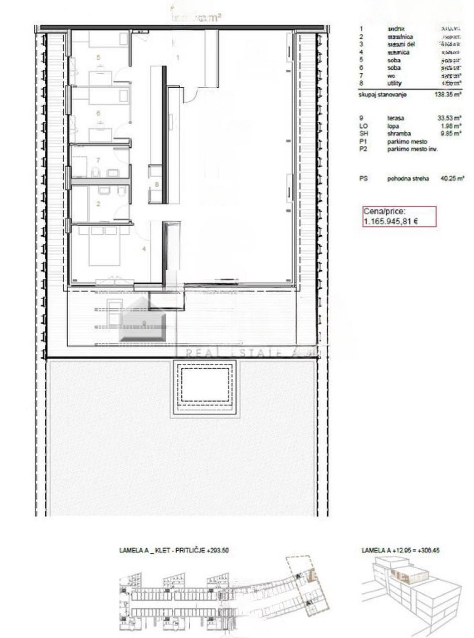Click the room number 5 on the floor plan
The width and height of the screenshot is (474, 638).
pyautogui.click(x=99, y=57)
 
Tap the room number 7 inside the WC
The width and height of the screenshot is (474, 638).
pyautogui.click(x=99, y=160)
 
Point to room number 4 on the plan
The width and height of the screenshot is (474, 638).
pyautogui.click(x=144, y=249)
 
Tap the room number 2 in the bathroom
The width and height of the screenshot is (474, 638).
pyautogui.click(x=99, y=203)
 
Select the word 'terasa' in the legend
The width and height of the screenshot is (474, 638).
pyautogui.click(x=396, y=118)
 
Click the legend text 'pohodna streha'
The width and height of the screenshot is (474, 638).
pyautogui.click(x=408, y=178)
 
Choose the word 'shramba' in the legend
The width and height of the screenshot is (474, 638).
pyautogui.click(x=398, y=134)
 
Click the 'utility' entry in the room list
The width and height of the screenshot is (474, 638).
pyautogui.click(x=394, y=83)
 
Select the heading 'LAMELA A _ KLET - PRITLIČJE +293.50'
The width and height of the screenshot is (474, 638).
pyautogui.click(x=174, y=551)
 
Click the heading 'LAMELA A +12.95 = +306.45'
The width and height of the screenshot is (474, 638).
pyautogui.click(x=400, y=551)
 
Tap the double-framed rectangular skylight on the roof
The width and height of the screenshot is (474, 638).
pyautogui.click(x=205, y=388)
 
